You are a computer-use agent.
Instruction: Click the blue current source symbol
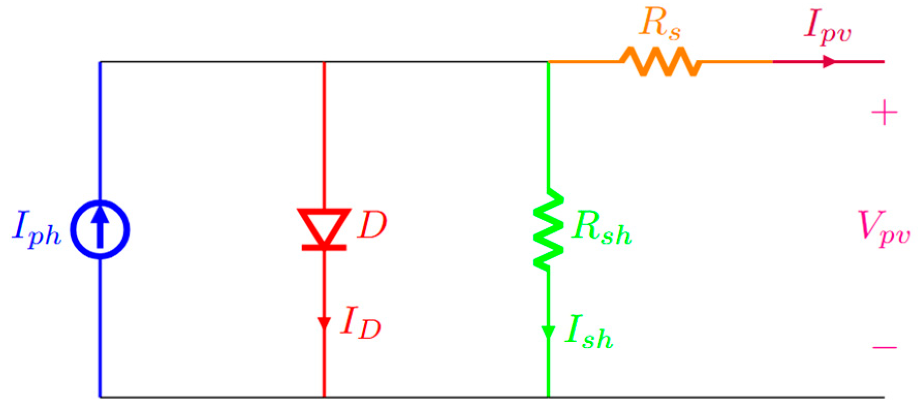tap(100, 229)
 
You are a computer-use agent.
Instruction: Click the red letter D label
tap(372, 225)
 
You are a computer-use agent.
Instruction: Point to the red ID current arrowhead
tap(324, 324)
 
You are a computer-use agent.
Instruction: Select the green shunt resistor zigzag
tap(548, 230)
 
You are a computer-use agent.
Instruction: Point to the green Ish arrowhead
tap(548, 333)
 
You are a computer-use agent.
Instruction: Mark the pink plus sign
tap(884, 112)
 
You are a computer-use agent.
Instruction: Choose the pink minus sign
tap(884, 347)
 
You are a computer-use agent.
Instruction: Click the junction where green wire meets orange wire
tap(548, 62)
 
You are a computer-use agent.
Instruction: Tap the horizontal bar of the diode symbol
tap(324, 248)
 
